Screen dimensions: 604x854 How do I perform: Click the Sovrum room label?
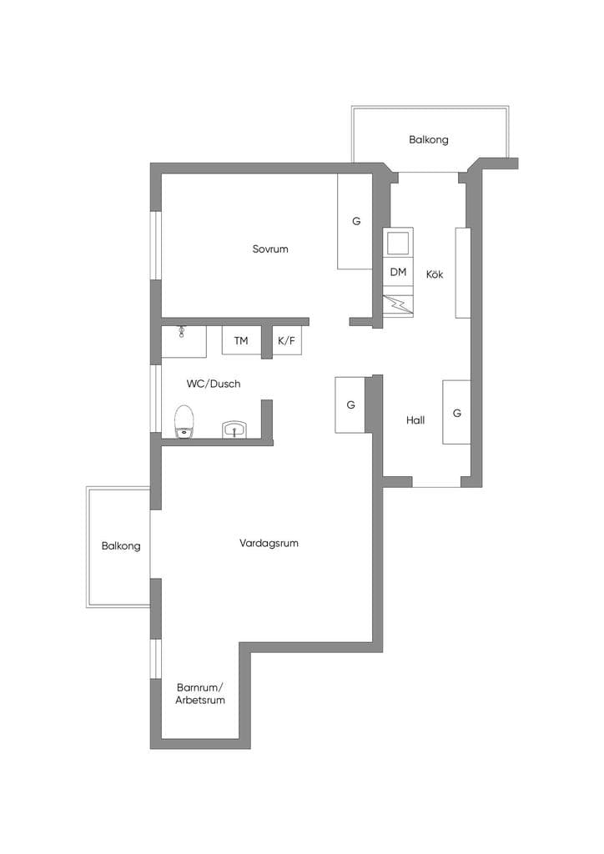tap(270, 249)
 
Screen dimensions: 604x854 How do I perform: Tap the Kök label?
tap(435, 274)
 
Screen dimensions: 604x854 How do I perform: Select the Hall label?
tap(415, 420)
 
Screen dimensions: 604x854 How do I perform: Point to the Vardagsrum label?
tap(269, 543)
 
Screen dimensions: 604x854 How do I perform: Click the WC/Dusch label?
tap(214, 384)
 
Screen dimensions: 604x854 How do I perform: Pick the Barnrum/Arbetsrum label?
tap(200, 694)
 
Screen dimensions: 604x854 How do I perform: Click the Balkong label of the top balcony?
tap(429, 139)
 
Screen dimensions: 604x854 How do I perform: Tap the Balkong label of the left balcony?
tap(121, 545)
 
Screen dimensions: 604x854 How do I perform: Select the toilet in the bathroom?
tap(184, 421)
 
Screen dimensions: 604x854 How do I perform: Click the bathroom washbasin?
tap(234, 430)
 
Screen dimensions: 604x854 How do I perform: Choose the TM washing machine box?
tap(241, 341)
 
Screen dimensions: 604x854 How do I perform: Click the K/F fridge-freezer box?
tap(286, 341)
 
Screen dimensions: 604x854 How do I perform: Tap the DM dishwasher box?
tap(398, 272)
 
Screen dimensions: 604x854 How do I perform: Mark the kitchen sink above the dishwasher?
tap(398, 243)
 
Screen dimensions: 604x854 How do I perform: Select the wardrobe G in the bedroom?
tap(355, 221)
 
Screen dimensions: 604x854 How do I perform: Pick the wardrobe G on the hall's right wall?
tap(456, 412)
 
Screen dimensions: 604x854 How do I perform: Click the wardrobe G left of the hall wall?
tap(350, 405)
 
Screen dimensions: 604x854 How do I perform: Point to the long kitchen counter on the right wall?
tap(463, 273)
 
